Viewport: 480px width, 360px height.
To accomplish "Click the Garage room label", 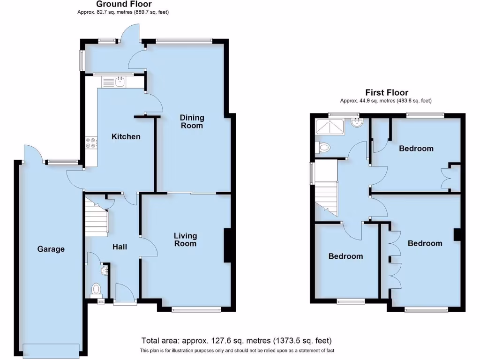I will click(x=51, y=249).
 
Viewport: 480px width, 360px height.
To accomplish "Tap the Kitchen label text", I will click(x=126, y=136).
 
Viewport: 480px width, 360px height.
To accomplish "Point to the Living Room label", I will click(x=185, y=240).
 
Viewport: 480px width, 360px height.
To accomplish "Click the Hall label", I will click(x=119, y=247).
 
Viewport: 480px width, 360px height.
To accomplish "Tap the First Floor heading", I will click(x=387, y=93).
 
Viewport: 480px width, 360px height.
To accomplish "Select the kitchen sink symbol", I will click(x=120, y=82).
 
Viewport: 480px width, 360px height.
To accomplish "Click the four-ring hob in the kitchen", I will click(x=90, y=143).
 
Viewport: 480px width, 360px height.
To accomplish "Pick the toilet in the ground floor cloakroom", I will click(x=96, y=289).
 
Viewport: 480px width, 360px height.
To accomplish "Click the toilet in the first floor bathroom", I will click(x=323, y=148).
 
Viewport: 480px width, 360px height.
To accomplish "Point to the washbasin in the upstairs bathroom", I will click(x=357, y=124).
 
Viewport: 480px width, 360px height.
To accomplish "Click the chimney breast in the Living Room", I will click(x=228, y=245).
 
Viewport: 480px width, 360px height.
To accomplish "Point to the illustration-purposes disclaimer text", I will click(x=236, y=351).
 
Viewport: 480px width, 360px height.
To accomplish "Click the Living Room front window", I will click(x=196, y=309).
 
